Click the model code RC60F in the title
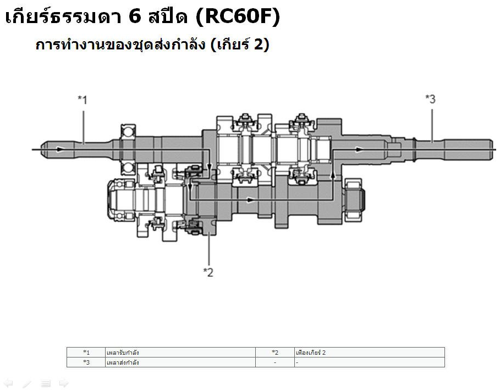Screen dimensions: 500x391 tap(238, 16)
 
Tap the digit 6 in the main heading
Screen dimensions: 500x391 tap(135, 16)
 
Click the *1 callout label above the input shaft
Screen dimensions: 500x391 tap(83, 99)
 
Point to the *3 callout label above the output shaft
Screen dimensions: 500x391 tap(431, 99)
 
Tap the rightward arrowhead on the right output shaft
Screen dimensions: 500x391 tap(359, 149)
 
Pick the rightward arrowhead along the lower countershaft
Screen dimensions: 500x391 tap(251, 200)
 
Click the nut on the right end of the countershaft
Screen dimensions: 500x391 tap(354, 199)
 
